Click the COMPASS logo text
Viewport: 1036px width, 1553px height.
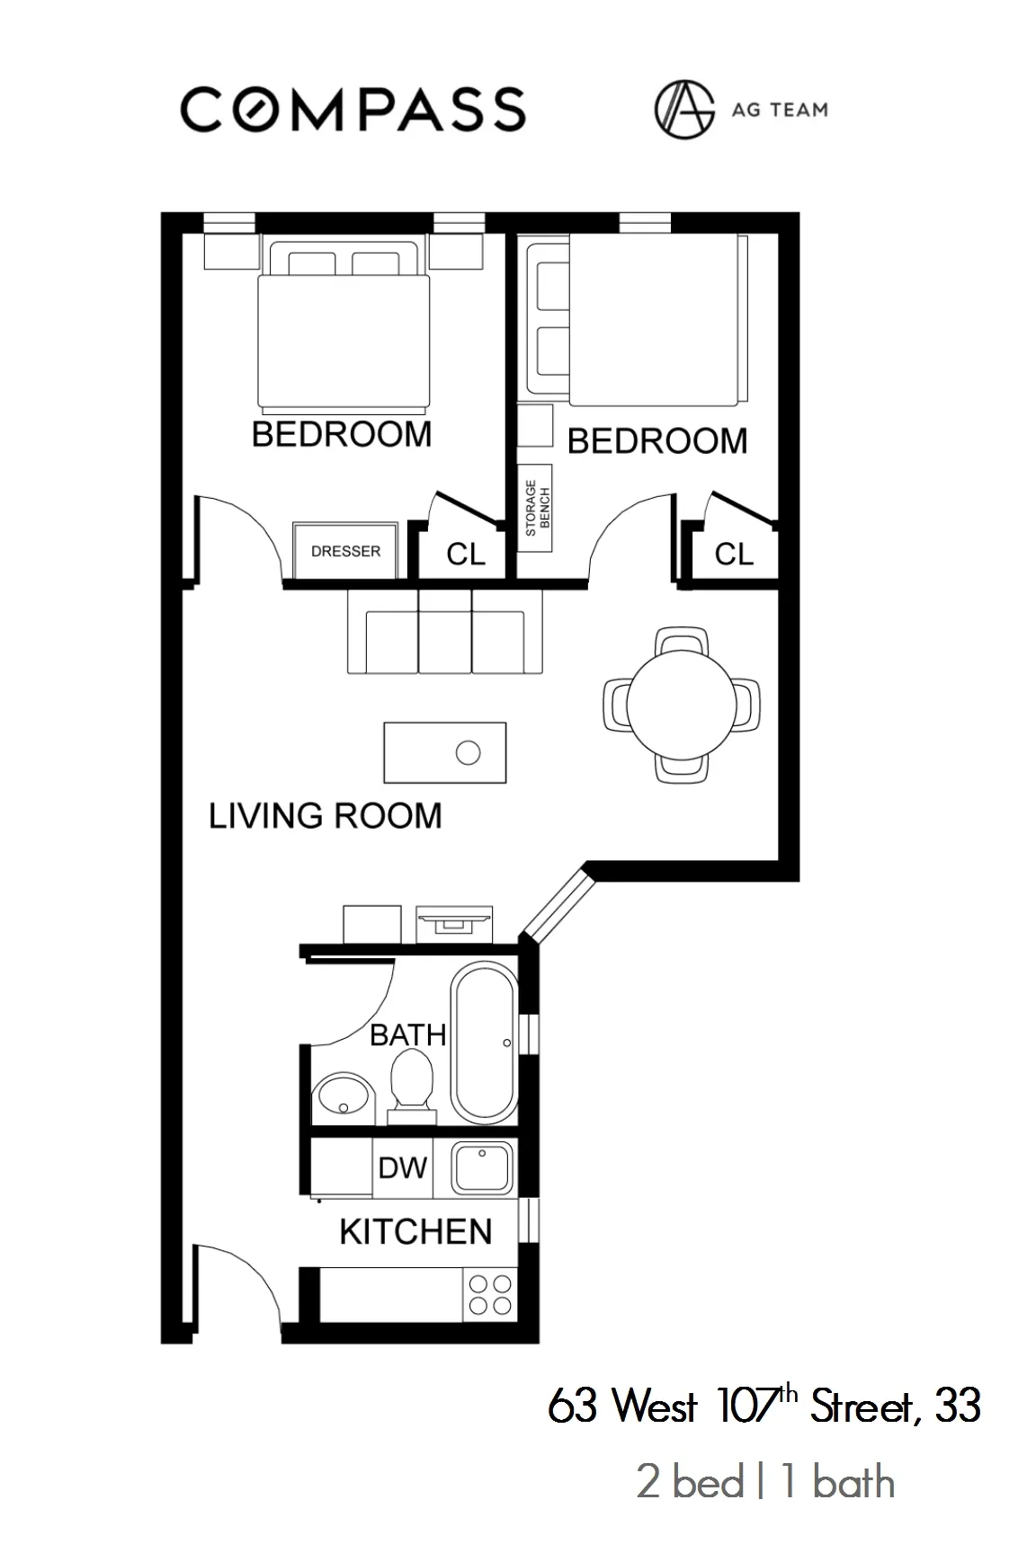pos(353,110)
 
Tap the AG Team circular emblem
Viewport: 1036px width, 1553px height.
pos(683,110)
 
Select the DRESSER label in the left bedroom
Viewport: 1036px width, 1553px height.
pos(345,551)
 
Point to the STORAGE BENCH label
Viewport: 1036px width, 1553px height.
pos(537,508)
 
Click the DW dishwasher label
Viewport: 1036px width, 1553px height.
pos(402,1167)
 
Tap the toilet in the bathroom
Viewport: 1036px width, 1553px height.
pos(412,1084)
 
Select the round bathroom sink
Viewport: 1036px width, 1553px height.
pos(343,1097)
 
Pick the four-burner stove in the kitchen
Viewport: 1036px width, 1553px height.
pos(490,1295)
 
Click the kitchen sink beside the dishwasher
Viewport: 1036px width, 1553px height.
pos(481,1167)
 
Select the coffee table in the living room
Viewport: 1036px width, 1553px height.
pos(444,752)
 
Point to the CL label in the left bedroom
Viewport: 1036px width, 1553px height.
pos(465,554)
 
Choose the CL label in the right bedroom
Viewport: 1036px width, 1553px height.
pos(734,554)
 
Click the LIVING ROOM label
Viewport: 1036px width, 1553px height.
pos(326,815)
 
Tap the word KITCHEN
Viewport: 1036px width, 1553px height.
pos(415,1231)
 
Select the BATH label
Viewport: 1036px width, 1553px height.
pos(407,1034)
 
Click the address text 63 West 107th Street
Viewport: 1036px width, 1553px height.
pos(764,1405)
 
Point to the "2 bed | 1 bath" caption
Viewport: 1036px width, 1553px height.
pos(765,1483)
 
